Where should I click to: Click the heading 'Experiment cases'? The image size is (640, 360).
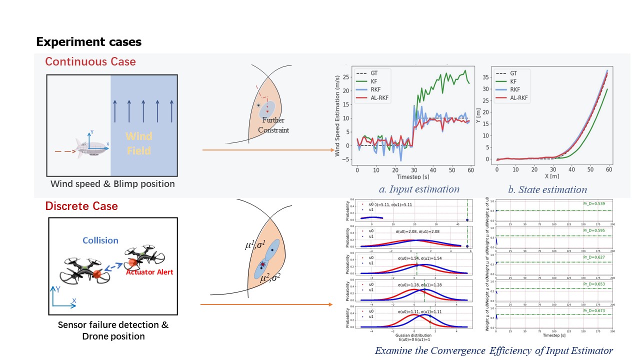[x=89, y=42]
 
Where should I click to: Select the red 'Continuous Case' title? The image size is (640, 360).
[x=90, y=62]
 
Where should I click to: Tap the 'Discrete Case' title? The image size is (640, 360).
[x=81, y=206]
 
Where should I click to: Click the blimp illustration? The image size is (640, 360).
[x=91, y=146]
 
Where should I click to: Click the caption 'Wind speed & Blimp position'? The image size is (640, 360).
[x=112, y=183]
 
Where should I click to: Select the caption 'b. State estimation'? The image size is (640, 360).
[x=547, y=189]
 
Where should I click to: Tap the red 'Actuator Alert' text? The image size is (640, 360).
[x=146, y=272]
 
